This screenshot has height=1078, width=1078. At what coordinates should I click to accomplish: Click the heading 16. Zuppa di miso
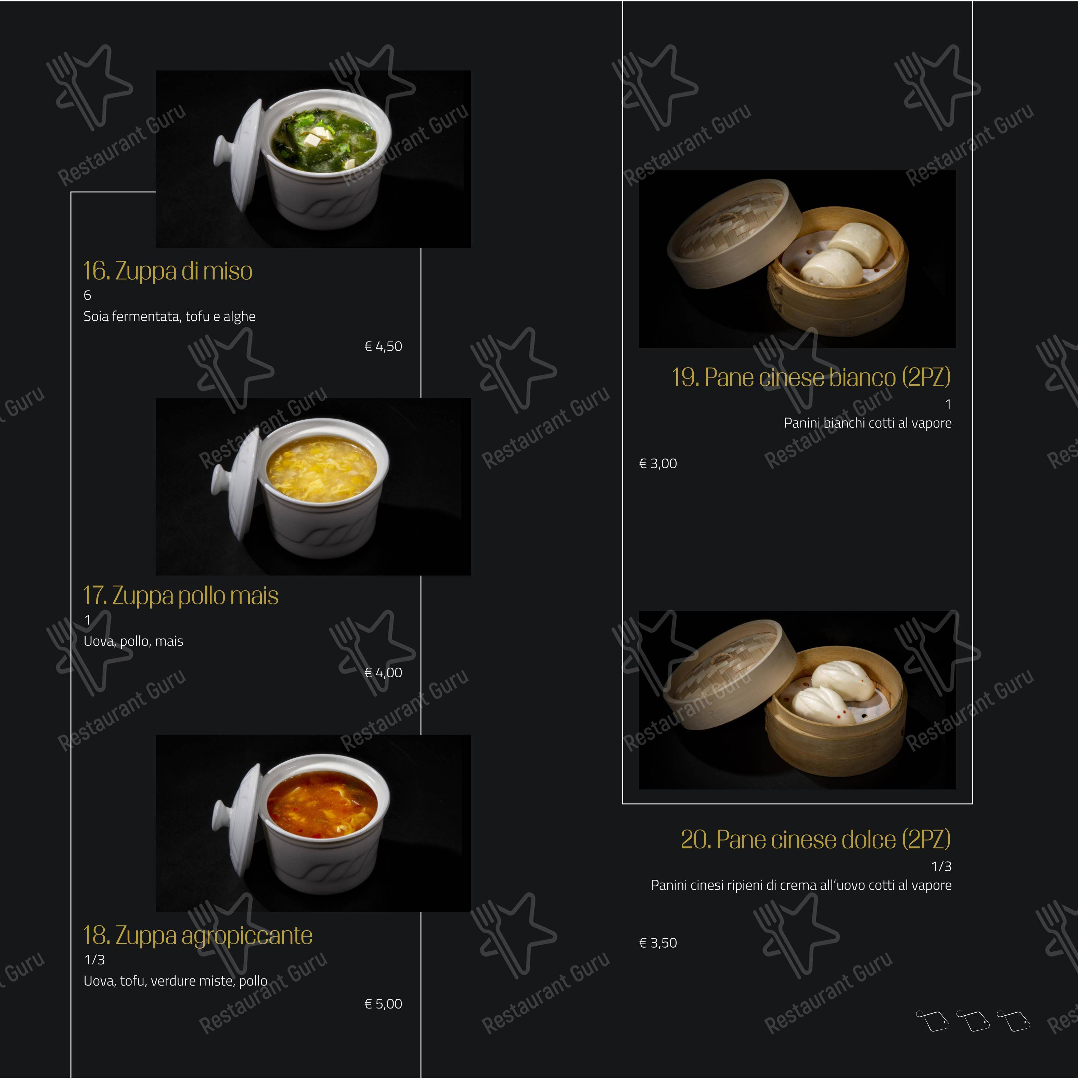[x=167, y=271]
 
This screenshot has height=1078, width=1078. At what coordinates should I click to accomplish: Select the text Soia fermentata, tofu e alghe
[x=169, y=316]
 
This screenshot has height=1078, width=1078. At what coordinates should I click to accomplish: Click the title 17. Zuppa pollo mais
[x=180, y=596]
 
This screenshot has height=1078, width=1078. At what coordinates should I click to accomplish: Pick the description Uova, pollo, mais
[x=133, y=641]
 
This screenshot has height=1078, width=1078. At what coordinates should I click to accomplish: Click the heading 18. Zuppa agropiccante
[x=197, y=936]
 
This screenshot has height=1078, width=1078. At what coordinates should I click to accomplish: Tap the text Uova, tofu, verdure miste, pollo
[x=175, y=981]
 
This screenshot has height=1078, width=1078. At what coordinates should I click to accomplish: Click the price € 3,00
[x=658, y=464]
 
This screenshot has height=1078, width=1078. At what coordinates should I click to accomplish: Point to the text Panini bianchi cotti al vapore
[x=867, y=423]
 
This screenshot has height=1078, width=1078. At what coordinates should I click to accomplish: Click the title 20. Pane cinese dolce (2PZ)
[x=815, y=840]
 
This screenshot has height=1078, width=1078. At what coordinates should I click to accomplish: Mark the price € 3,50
[x=658, y=943]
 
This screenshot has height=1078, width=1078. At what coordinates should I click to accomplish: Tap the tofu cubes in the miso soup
[x=319, y=134]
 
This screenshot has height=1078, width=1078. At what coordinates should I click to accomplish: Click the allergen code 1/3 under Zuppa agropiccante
[x=94, y=960]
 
